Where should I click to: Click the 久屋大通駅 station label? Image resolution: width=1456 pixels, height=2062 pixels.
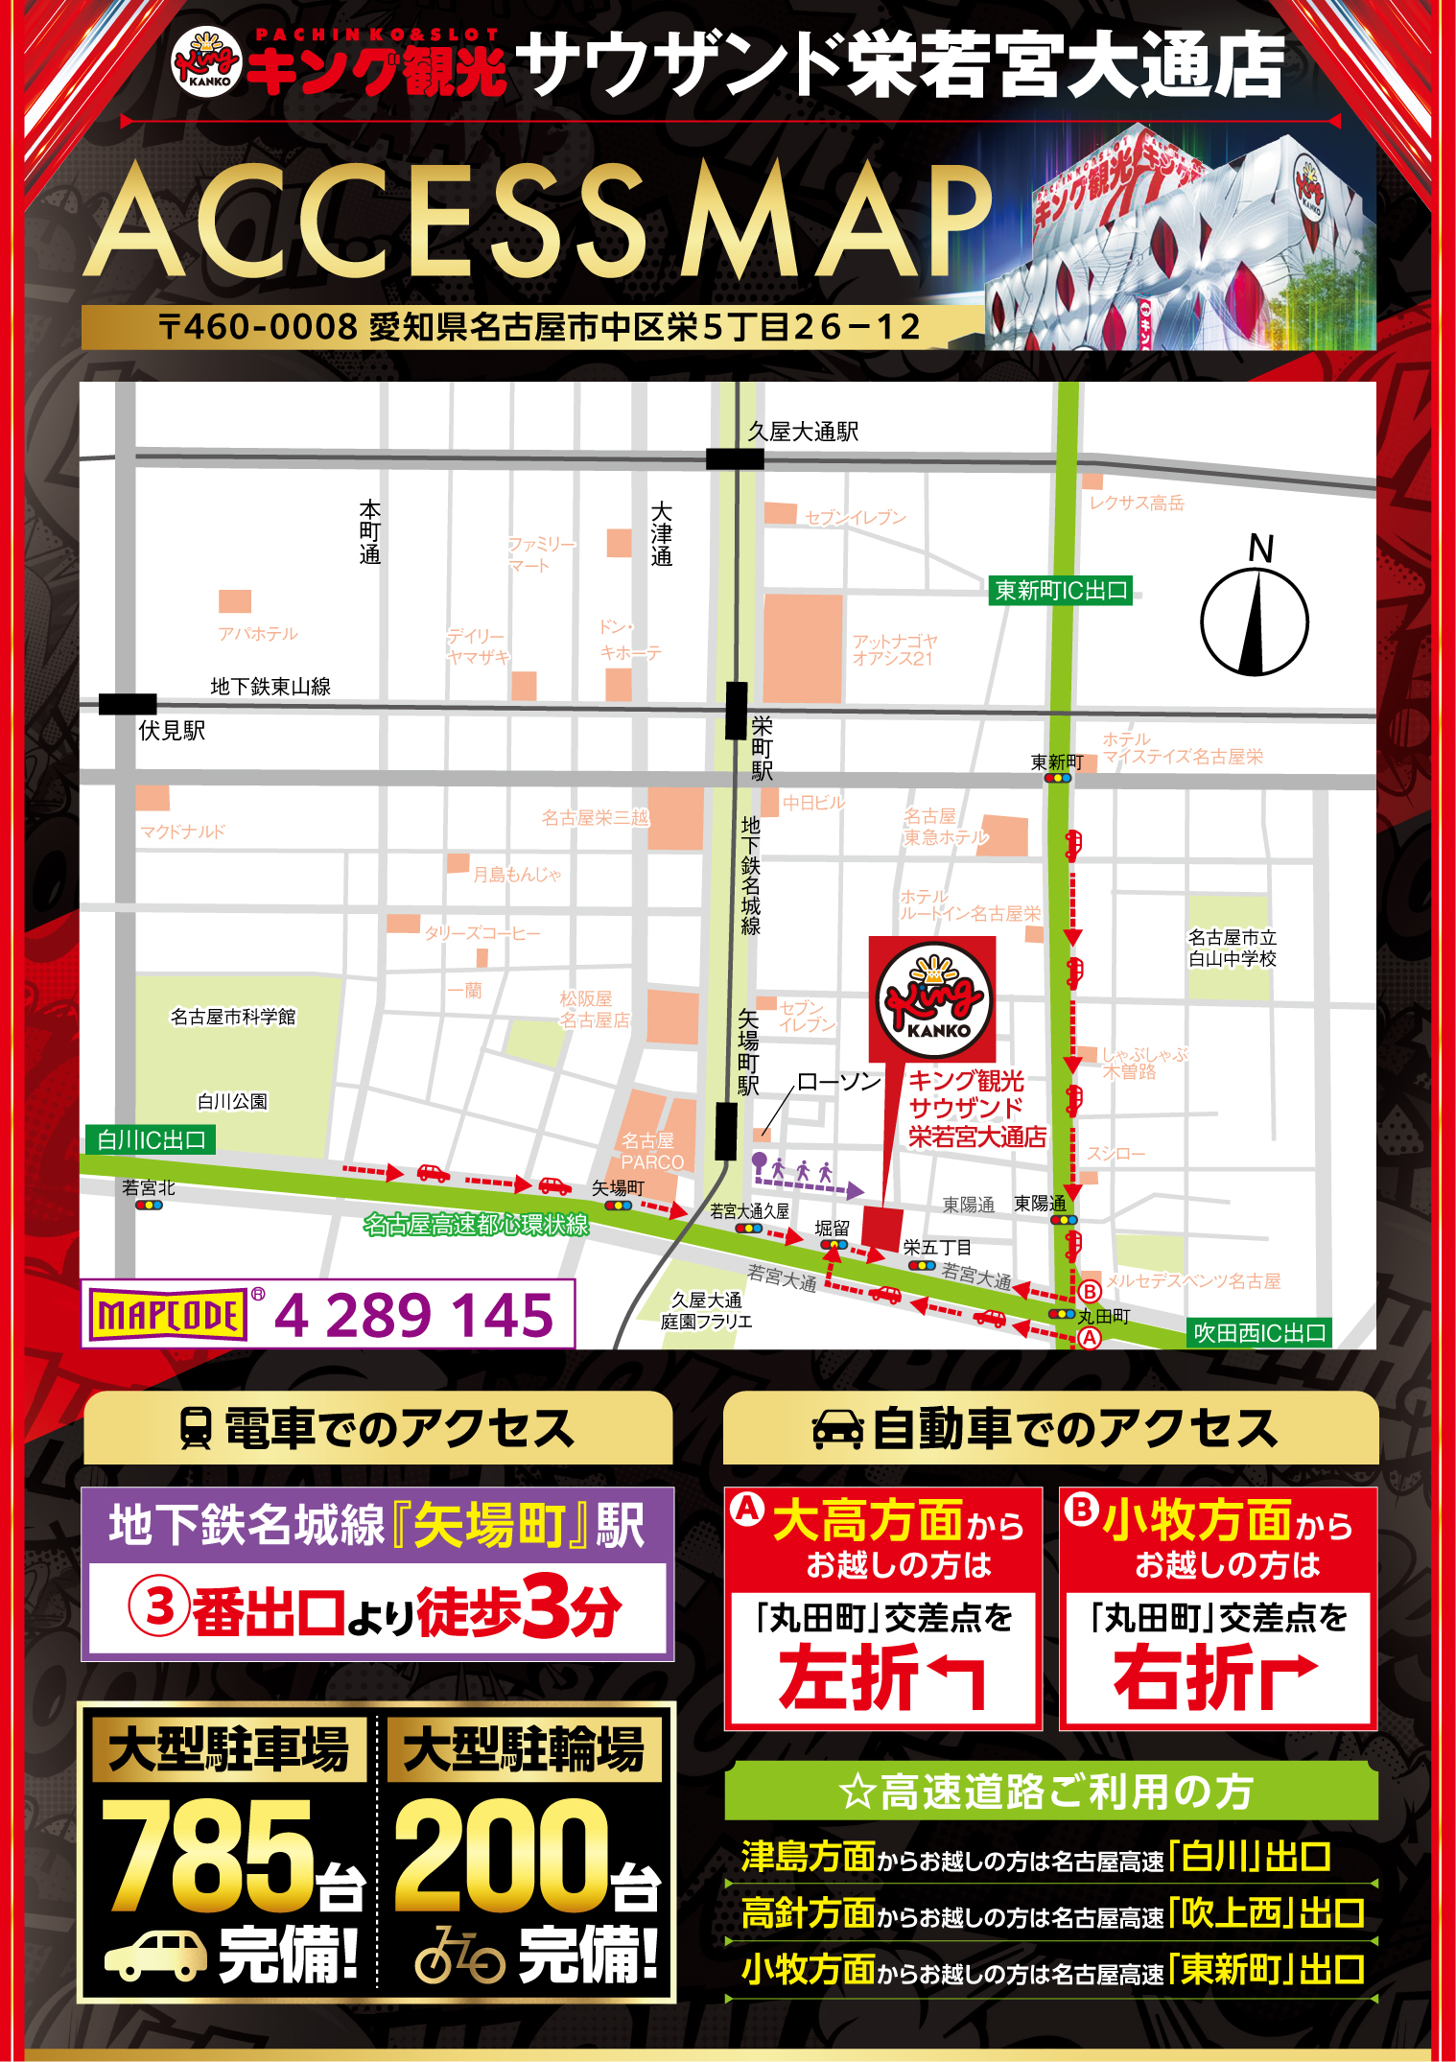point(803,432)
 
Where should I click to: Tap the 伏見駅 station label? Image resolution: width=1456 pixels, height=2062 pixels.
point(172,731)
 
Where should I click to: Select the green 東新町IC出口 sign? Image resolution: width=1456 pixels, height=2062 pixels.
point(1060,590)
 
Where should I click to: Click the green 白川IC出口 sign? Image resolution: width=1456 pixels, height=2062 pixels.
point(151,1139)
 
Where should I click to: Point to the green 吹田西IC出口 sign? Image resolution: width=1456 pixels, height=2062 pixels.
point(1258,1333)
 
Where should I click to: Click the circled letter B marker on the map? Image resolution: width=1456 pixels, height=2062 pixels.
point(1090,1291)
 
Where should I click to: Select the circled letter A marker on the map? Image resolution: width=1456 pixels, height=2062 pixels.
point(1090,1338)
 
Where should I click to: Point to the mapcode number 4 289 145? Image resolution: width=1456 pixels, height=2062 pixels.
point(414,1314)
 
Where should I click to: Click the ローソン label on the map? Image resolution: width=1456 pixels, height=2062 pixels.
point(838,1082)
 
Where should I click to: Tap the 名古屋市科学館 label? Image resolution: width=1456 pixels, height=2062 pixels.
point(233,1017)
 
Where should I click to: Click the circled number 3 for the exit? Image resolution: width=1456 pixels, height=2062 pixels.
point(158,1607)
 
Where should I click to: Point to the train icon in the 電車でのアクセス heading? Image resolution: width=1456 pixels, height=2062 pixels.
point(196,1428)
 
